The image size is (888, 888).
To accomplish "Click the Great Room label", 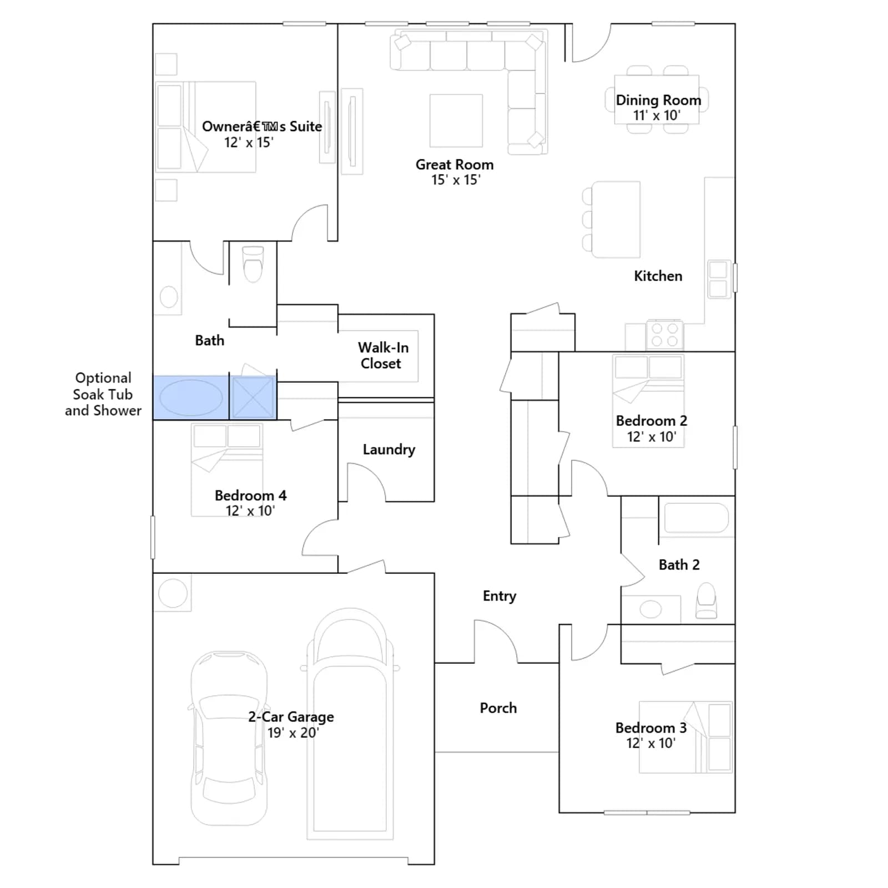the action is pos(455,165).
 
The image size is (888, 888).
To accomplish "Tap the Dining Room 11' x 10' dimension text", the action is pos(657,115).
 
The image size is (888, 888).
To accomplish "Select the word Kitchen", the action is pos(658,276).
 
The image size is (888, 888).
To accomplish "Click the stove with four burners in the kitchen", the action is pos(664,334).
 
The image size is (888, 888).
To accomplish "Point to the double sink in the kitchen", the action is pos(718,279).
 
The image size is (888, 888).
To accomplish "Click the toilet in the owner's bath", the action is pos(253,264).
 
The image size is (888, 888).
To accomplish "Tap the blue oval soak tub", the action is pos(191,398).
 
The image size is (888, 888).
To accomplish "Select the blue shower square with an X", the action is pos(253,397).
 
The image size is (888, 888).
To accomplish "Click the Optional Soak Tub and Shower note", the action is pos(103,394).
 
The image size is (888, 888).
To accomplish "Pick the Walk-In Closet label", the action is pos(383,355).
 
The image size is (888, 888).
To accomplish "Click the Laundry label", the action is pos(389,449).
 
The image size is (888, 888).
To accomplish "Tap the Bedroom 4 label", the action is pos(251,495).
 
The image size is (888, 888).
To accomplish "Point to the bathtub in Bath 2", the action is pos(696,518).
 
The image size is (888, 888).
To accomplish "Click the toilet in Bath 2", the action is pos(707,601).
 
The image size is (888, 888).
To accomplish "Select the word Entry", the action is pos(500,596).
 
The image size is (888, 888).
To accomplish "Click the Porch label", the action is pos(498,708).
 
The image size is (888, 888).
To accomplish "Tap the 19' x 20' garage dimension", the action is pos(293,733).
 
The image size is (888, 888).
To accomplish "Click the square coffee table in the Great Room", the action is pos(456,120).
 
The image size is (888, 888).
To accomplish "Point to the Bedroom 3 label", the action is pos(651,728).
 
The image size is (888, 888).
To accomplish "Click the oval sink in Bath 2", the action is pos(650,609).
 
